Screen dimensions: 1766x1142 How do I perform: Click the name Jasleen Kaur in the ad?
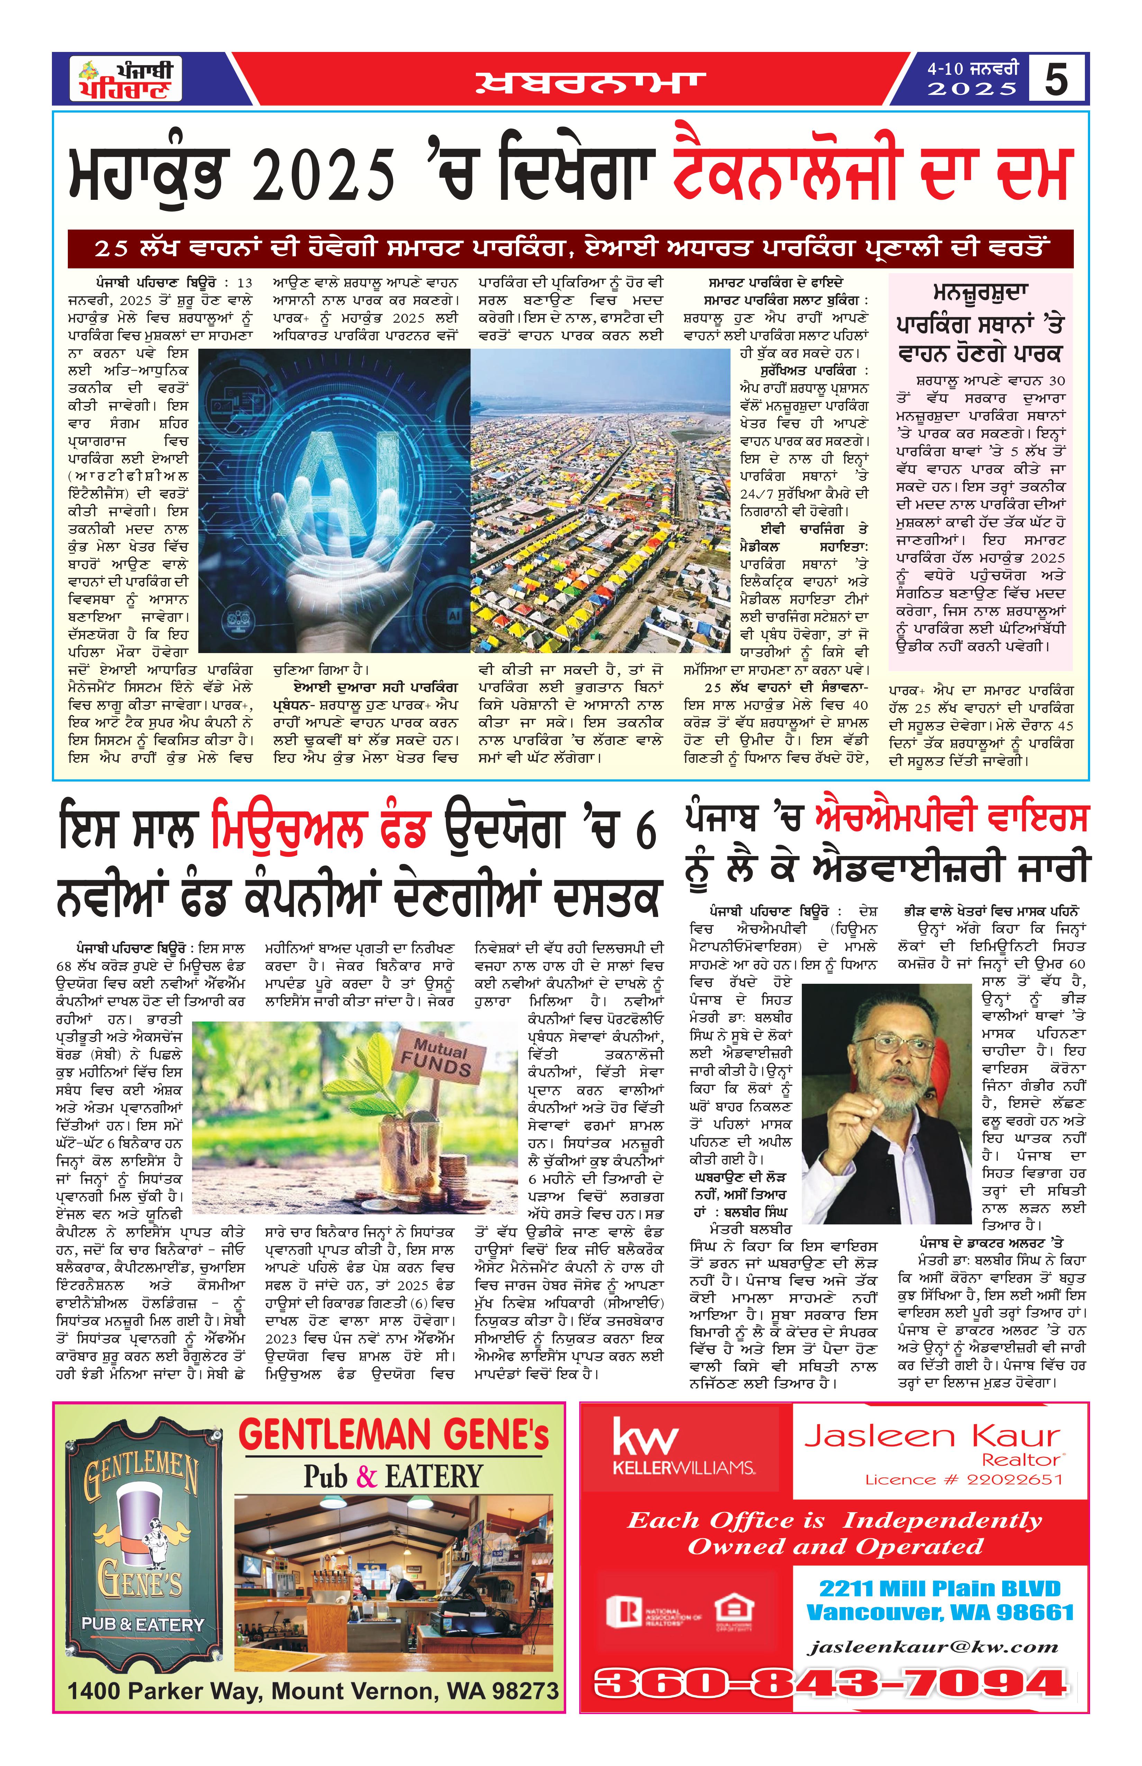coord(932,1437)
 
